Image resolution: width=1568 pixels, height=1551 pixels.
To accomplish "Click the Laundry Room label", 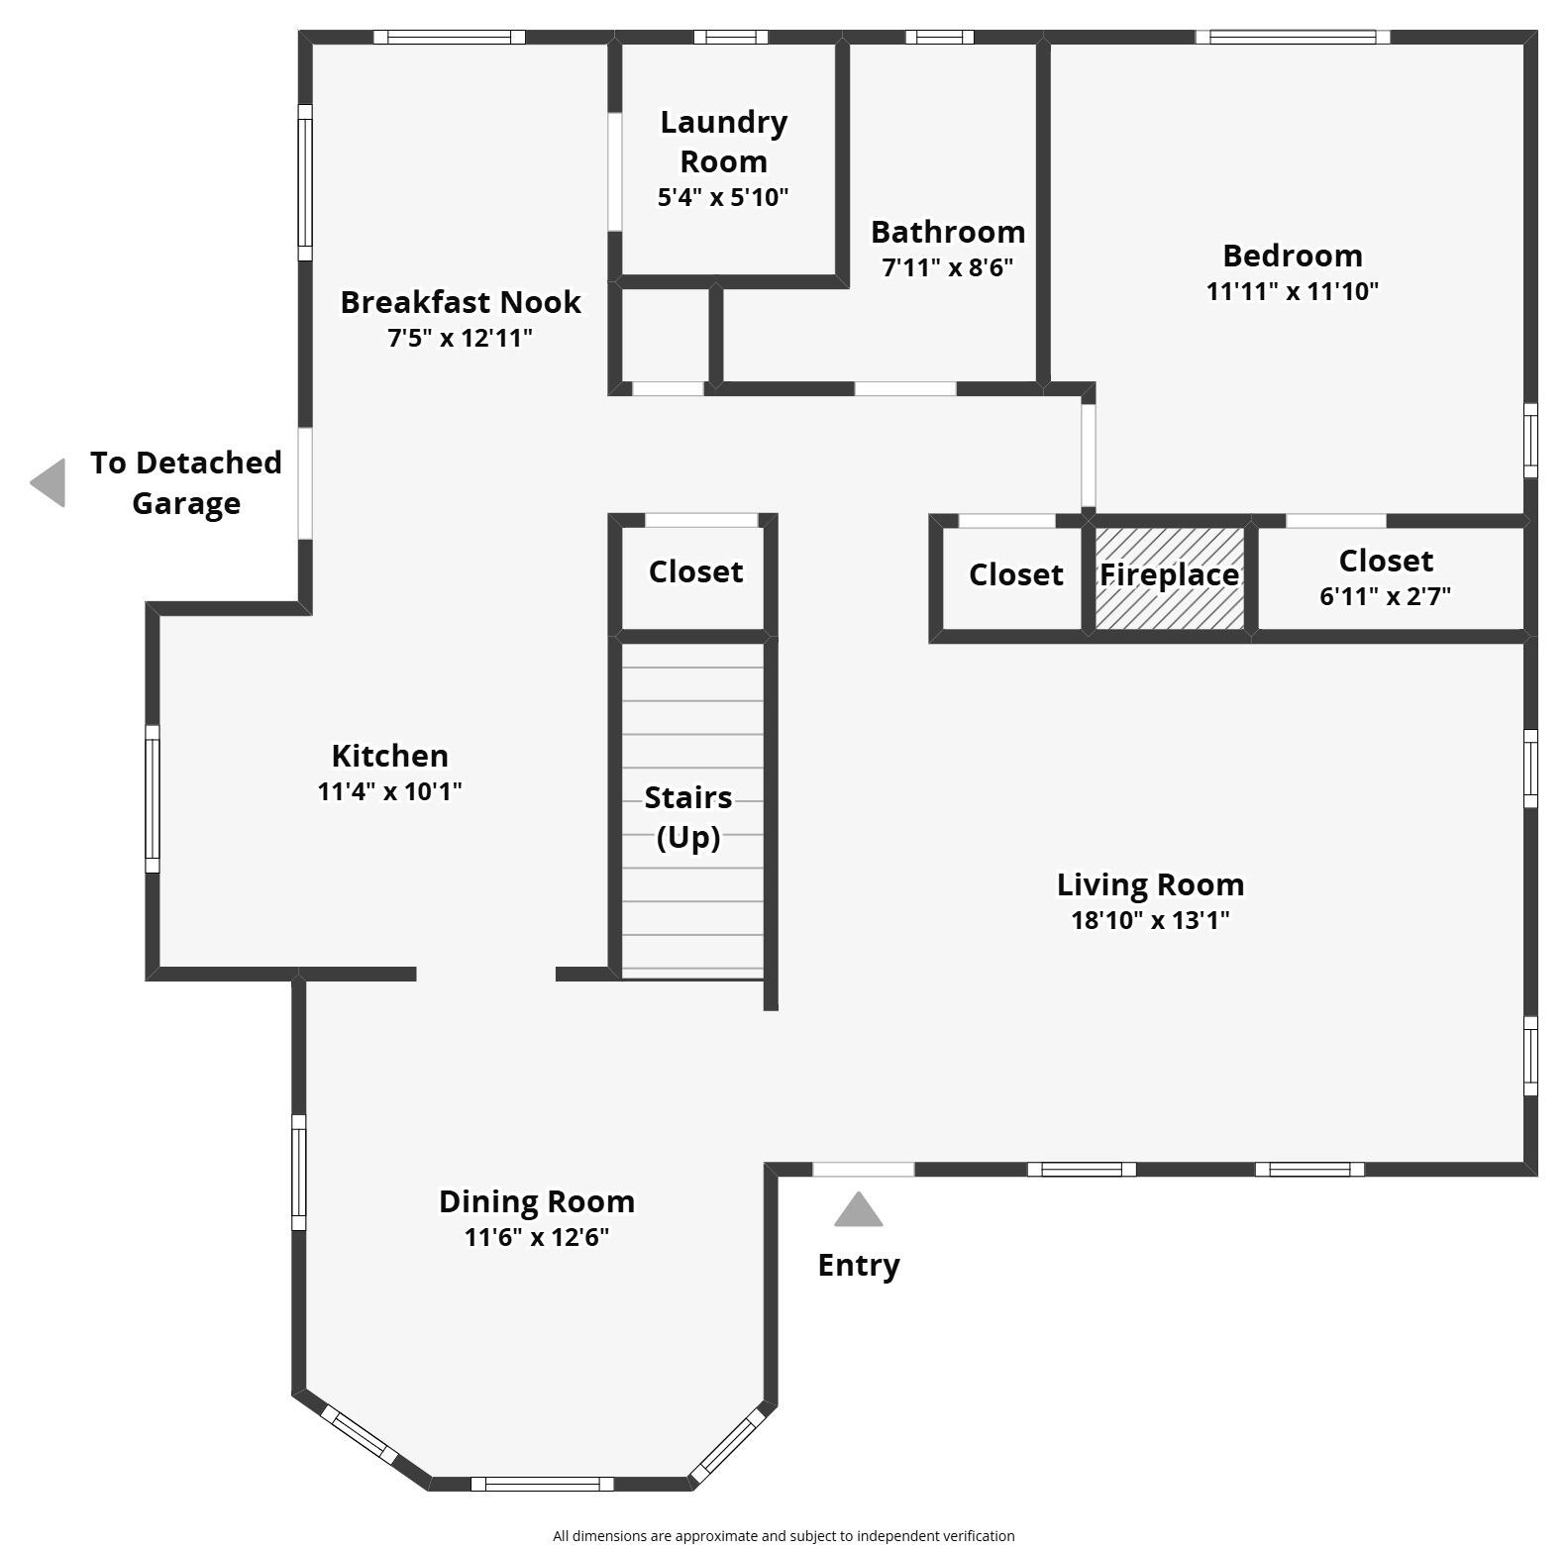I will tap(723, 142).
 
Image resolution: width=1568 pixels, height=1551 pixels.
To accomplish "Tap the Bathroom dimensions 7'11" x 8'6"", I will tap(947, 267).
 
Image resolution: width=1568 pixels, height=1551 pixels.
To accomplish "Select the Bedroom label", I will tap(1292, 256).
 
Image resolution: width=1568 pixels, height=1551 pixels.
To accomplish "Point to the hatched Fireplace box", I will tap(1169, 578).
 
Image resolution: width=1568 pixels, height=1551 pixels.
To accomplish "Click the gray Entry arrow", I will tap(858, 1209).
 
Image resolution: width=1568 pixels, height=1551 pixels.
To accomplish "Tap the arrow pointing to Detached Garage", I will tap(49, 482).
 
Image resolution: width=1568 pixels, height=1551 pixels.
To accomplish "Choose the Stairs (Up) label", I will tap(688, 817).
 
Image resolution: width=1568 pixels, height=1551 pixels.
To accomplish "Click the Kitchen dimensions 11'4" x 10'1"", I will tap(389, 791).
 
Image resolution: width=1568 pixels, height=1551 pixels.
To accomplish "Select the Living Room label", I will tap(1150, 884).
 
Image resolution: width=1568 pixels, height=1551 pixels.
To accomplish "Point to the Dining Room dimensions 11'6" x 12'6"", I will tap(536, 1237).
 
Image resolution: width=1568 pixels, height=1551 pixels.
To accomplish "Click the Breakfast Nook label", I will tap(461, 302).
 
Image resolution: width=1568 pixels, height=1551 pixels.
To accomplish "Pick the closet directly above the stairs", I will tap(694, 572).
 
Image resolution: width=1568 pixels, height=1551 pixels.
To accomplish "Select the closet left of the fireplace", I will tap(1014, 576).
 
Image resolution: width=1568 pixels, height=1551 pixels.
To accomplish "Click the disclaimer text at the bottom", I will tap(784, 1535).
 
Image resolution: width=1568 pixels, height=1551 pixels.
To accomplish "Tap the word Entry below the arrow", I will tap(858, 1265).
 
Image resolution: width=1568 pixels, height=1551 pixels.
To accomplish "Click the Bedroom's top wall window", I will tap(1292, 38).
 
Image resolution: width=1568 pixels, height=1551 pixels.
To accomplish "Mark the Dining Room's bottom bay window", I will tap(541, 1483).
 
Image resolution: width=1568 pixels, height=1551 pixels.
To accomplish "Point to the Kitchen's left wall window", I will tap(153, 798).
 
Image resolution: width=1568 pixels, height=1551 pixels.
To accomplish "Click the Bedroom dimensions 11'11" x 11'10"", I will tap(1292, 291).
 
